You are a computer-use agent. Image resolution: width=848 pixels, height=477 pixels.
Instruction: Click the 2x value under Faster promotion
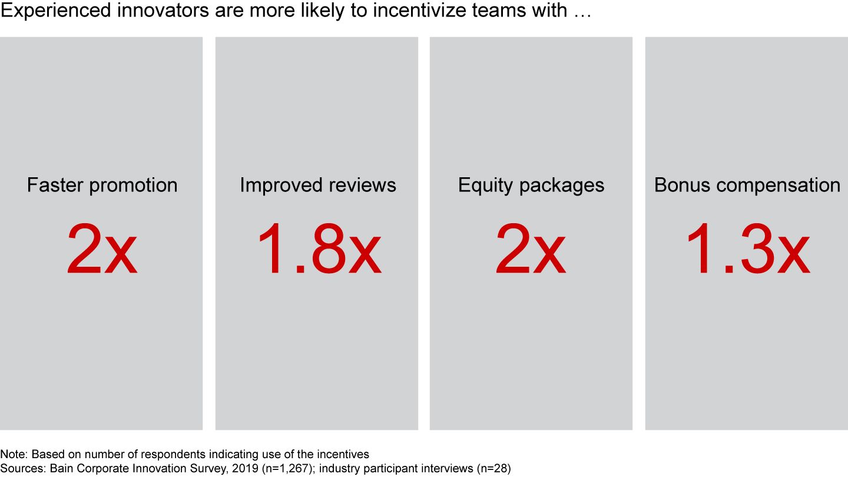point(102,249)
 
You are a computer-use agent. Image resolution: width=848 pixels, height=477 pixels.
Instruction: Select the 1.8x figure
point(320,249)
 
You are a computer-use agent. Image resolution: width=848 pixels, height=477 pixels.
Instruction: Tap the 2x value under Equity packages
point(531,249)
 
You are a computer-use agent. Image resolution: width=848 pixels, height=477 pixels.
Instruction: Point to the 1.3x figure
point(748,249)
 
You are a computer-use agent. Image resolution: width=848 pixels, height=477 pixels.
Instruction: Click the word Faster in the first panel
point(55,185)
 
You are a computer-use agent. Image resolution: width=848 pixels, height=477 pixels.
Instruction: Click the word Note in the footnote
point(14,454)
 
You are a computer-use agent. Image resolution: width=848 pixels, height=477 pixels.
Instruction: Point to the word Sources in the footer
point(23,468)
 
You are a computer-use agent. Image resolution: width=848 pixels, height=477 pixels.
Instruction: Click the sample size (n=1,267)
point(289,469)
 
